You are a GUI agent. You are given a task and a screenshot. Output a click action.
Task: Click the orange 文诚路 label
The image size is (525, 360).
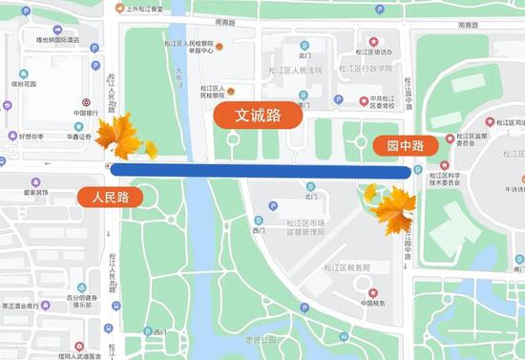click(258, 116)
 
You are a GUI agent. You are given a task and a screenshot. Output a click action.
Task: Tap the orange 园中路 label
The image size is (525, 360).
click(398, 145)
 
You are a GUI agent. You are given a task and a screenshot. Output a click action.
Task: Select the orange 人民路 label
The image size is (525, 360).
click(110, 198)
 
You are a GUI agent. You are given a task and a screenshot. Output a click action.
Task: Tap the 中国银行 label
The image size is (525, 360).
click(86, 113)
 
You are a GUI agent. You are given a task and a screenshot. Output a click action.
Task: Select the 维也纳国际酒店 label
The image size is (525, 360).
click(57, 40)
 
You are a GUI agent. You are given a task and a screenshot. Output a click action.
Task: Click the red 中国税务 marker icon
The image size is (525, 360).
click(372, 292)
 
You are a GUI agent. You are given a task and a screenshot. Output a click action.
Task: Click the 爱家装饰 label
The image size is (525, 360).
click(36, 192)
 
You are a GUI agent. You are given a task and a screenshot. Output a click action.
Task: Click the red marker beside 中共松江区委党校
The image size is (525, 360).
click(364, 100)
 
